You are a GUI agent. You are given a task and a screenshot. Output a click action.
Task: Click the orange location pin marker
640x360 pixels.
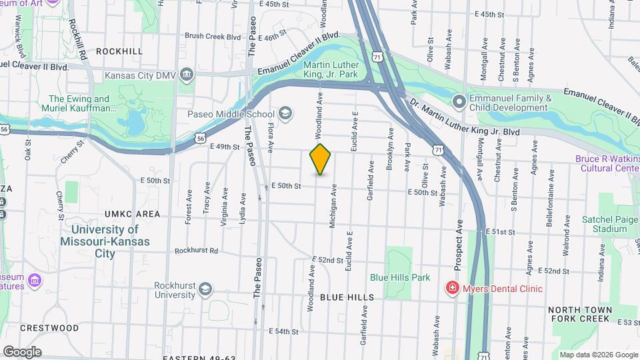click(321, 159)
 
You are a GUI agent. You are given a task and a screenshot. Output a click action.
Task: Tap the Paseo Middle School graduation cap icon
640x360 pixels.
click(286, 114)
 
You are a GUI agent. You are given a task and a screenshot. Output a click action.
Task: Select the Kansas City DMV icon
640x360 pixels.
click(187, 75)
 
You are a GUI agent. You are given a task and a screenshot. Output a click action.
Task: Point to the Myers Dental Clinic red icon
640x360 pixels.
click(453, 288)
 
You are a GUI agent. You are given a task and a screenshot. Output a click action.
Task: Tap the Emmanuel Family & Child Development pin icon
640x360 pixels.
click(459, 102)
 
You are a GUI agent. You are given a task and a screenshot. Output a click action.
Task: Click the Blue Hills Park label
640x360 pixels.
click(400, 277)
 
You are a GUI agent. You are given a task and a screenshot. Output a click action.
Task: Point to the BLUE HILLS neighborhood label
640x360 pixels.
click(347, 297)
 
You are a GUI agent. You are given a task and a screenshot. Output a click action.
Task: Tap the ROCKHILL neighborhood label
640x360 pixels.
click(119, 51)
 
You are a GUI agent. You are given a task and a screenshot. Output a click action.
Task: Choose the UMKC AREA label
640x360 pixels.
click(132, 214)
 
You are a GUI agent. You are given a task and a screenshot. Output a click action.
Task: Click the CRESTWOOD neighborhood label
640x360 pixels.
click(49, 328)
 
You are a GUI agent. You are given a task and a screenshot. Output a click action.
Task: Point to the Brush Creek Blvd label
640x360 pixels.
click(212, 37)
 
